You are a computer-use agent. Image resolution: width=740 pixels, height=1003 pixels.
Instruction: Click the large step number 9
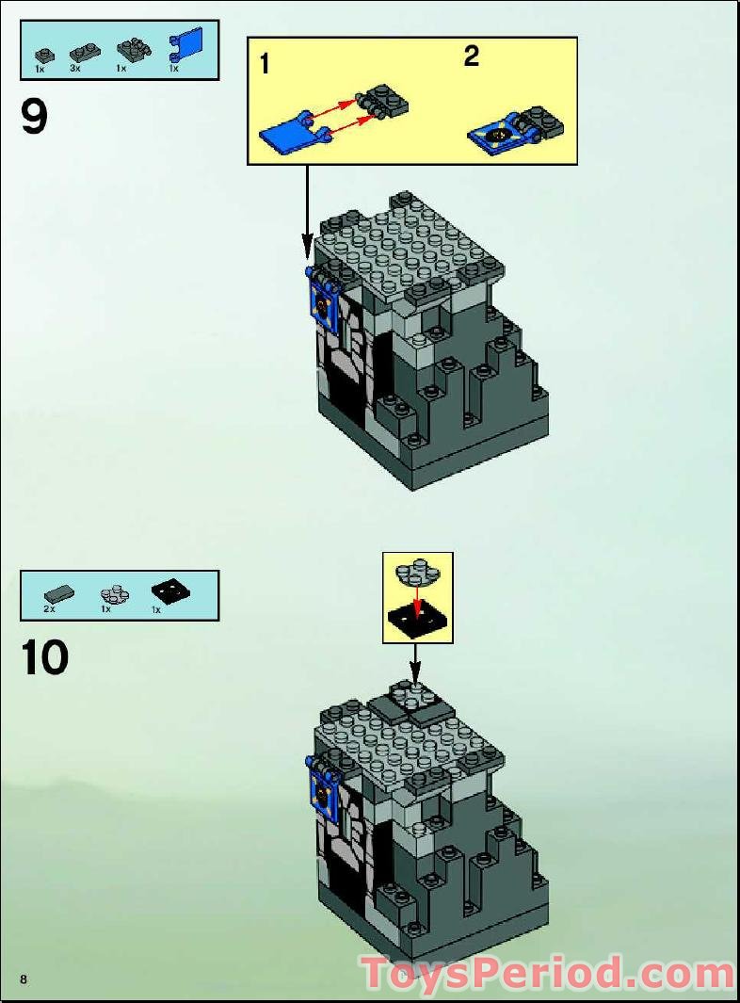34,119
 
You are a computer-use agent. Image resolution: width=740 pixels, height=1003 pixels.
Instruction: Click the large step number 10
44,656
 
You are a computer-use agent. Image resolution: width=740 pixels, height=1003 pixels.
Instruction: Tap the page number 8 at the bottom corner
24,979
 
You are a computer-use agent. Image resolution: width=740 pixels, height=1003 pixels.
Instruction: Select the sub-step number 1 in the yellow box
265,64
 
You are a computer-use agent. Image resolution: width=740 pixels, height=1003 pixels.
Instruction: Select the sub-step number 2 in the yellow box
471,57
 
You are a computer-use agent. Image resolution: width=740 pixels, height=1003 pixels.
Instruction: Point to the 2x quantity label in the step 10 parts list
49,609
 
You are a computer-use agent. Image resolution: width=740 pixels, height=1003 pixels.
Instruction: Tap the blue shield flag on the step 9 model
321,306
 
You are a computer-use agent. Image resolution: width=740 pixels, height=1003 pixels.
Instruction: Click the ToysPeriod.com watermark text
546,974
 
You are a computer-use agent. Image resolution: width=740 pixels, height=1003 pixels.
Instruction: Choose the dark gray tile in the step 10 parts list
59,593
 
